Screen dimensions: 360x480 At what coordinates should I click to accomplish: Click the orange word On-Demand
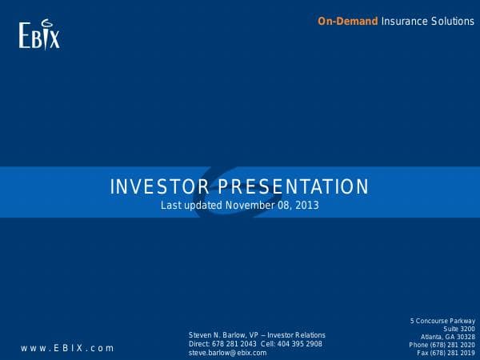(x=347, y=22)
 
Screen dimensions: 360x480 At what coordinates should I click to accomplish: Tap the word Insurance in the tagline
(x=403, y=22)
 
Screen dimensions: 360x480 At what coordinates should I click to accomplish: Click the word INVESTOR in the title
(x=157, y=187)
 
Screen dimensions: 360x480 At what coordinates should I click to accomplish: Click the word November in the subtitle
(x=249, y=206)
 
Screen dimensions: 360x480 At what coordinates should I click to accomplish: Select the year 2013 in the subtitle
(x=307, y=206)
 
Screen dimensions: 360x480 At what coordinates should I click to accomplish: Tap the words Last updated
(x=191, y=206)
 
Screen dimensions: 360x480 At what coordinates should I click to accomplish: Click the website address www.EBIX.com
(x=68, y=348)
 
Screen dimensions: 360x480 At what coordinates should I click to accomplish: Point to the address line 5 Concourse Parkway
(x=442, y=321)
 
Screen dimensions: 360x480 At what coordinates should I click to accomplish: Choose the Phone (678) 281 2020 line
(x=442, y=345)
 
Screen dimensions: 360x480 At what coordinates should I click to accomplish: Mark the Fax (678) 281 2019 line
(x=446, y=353)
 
